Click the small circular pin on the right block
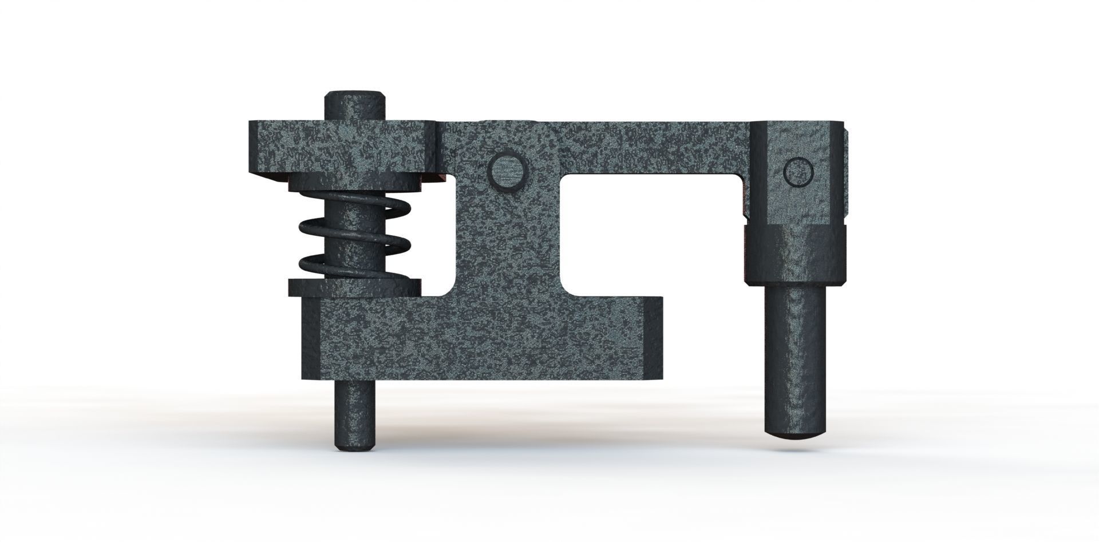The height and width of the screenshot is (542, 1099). (798, 172)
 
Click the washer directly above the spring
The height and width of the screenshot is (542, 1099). (354, 184)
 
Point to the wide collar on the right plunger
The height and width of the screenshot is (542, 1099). (796, 255)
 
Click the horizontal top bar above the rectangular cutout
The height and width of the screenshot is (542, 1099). (647, 146)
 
